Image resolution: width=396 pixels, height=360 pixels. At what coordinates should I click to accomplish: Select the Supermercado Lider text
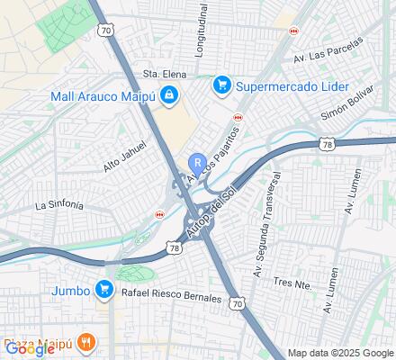(x=282, y=86)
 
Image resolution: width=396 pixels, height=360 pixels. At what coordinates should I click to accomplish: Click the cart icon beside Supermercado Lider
(x=219, y=86)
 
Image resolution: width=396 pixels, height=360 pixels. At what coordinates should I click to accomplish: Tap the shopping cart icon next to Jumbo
(x=104, y=289)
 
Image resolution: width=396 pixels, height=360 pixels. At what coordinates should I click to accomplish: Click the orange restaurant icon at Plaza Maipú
(x=86, y=342)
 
